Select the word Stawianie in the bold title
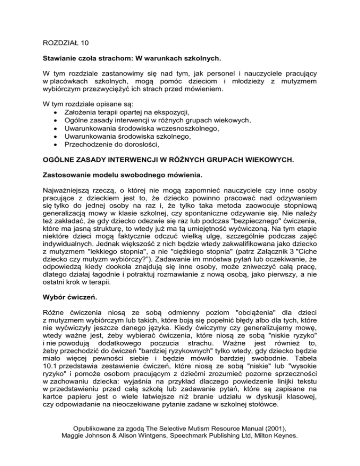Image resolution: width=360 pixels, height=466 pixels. pos(57,60)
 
